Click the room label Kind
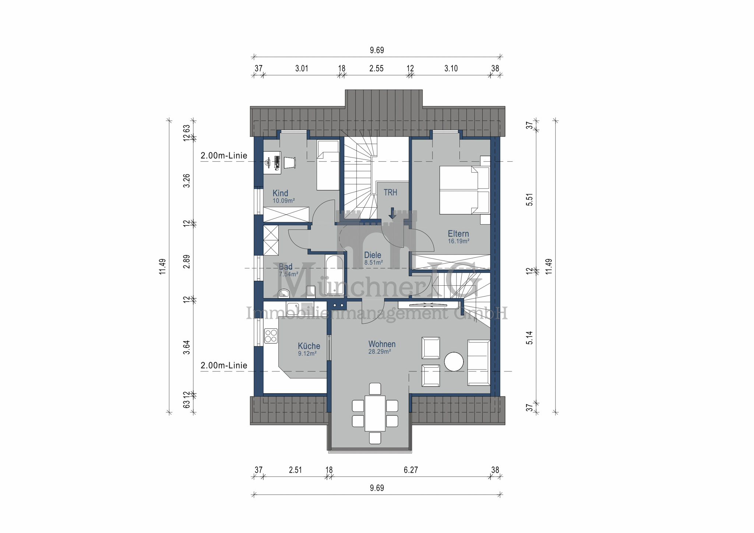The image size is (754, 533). point(280,193)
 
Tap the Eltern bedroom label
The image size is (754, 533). point(458,234)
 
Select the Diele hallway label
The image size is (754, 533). point(373,255)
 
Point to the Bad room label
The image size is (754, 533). point(286,267)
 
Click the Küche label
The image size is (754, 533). point(309,346)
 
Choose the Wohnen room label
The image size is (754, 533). point(382,344)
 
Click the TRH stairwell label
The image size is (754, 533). point(390,193)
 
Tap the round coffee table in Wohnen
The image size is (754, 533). point(454,361)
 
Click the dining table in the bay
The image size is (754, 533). point(375,413)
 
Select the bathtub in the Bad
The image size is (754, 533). point(334,275)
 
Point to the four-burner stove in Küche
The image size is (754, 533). point(271,336)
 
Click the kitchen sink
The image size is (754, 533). point(293,308)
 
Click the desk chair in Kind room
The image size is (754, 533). point(289,162)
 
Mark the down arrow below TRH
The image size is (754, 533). point(392,213)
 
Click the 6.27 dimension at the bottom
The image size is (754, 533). point(411,470)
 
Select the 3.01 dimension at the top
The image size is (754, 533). point(302,68)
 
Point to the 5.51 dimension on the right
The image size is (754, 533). point(529,200)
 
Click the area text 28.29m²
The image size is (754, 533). point(380,352)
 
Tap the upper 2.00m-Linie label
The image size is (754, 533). point(224,156)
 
